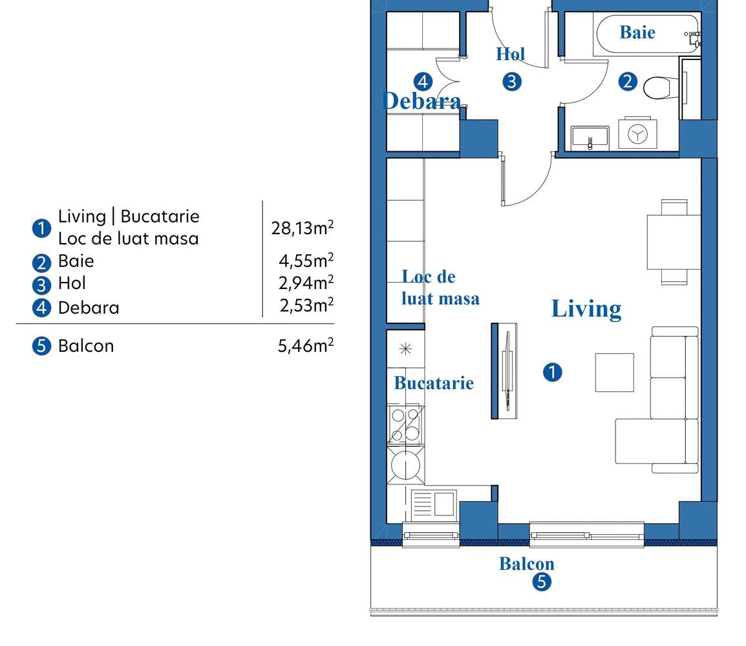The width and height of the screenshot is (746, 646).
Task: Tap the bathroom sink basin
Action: click(x=590, y=137)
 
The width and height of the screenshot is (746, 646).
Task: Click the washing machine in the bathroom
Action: click(x=638, y=133)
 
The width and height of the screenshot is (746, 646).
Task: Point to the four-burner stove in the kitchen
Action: click(x=405, y=425)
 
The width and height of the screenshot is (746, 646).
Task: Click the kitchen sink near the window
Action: click(x=434, y=503)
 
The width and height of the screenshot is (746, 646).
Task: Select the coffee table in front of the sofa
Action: click(x=614, y=372)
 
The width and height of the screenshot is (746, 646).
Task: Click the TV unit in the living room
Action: click(x=505, y=371)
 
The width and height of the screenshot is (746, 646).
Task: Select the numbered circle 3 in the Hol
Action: click(x=511, y=81)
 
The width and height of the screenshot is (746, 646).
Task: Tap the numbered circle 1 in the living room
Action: click(x=552, y=372)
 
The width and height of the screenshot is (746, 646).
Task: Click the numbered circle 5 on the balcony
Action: click(x=542, y=582)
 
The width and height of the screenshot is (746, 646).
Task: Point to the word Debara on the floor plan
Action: click(x=421, y=101)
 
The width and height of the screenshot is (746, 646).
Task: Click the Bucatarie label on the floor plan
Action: click(x=434, y=383)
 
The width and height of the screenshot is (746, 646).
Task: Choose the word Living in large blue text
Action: click(x=586, y=308)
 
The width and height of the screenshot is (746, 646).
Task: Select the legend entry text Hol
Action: click(x=72, y=283)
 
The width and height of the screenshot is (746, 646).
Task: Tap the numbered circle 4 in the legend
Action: click(x=41, y=307)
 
